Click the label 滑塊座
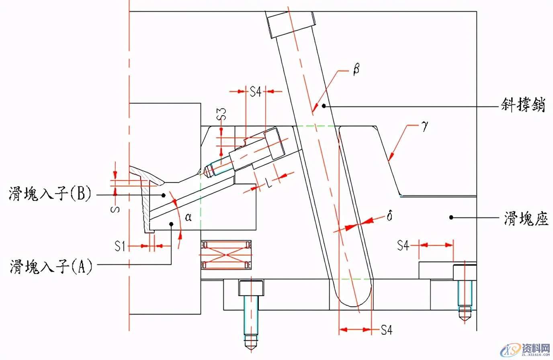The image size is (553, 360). click(526, 219)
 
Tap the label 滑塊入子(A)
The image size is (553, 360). click(51, 266)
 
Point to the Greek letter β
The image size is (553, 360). click(356, 69)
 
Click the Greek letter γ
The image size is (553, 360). click(425, 126)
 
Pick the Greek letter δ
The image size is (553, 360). click(389, 216)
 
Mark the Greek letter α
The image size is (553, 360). click(188, 217)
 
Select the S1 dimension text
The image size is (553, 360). click(120, 245)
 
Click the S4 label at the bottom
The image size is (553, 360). click(386, 330)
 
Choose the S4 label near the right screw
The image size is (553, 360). click(403, 245)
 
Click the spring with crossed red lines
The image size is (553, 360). click(226, 255)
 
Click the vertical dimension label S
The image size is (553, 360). click(116, 209)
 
